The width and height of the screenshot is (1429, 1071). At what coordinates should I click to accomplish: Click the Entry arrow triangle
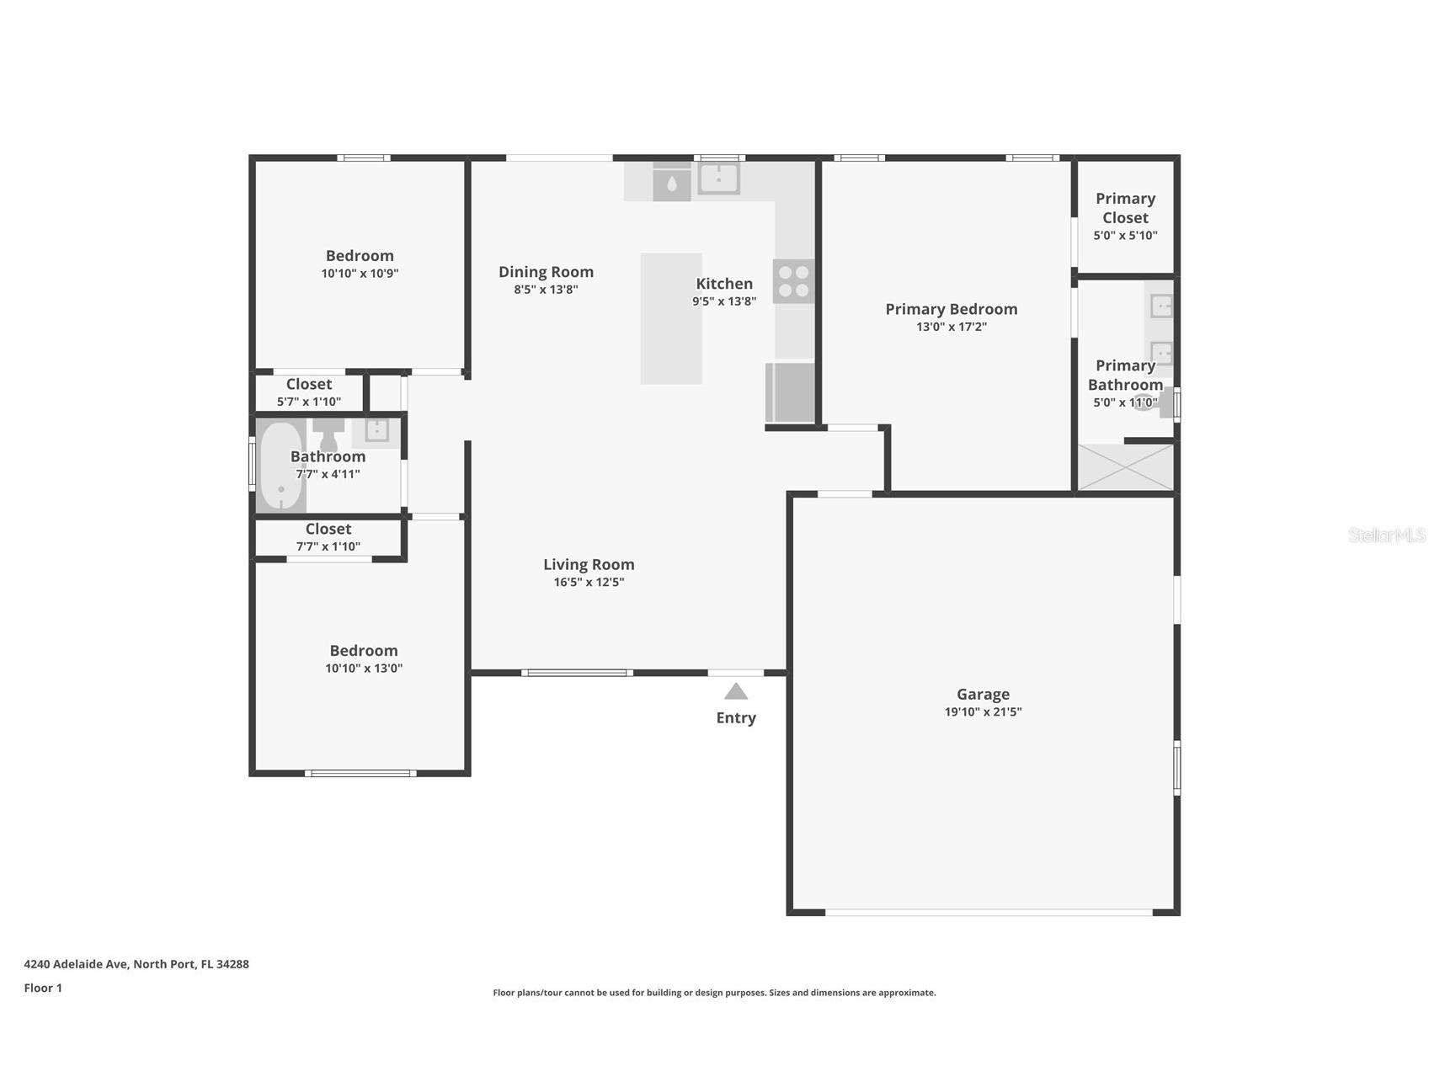click(x=735, y=691)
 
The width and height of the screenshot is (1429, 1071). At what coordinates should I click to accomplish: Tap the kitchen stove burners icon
click(x=793, y=281)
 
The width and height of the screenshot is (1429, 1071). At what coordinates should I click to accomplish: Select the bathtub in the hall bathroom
click(x=280, y=466)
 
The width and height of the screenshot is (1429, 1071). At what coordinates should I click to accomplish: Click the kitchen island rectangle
click(x=671, y=318)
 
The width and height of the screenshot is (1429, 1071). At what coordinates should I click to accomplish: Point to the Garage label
click(x=983, y=694)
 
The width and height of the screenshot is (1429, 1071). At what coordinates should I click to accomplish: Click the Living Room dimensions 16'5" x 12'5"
click(x=589, y=582)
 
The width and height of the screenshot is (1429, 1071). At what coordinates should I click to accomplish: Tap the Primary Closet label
click(x=1125, y=208)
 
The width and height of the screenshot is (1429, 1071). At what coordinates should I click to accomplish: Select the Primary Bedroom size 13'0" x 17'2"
click(x=952, y=327)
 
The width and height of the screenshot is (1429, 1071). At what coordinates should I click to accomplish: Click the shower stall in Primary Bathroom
click(x=1125, y=467)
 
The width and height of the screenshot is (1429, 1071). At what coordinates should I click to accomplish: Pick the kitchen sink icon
click(x=718, y=178)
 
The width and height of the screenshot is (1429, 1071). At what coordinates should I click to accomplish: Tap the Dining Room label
click(x=546, y=271)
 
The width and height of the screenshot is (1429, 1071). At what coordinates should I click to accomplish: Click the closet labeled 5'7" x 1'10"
click(x=309, y=392)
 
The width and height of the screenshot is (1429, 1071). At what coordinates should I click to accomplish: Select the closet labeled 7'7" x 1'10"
click(x=328, y=537)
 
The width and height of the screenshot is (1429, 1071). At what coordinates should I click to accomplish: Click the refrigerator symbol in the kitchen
click(x=791, y=392)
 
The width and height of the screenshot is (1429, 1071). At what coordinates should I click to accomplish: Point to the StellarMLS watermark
click(x=1386, y=535)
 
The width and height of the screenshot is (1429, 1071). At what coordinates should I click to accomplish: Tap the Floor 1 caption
click(x=43, y=988)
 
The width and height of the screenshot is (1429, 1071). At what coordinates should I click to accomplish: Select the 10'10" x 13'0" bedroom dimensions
click(x=364, y=669)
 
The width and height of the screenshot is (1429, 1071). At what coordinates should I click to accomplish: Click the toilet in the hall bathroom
click(x=328, y=434)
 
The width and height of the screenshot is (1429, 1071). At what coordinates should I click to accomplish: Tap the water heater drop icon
click(x=671, y=183)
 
